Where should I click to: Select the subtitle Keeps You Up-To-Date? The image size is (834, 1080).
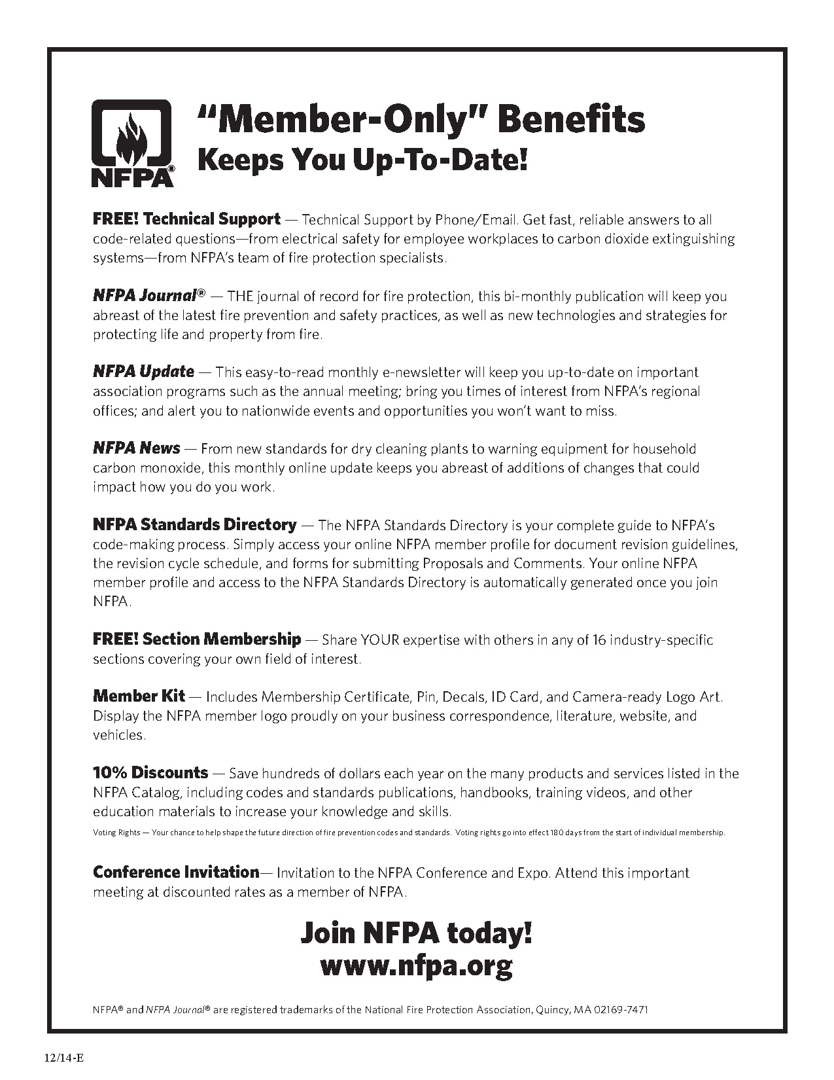point(362,160)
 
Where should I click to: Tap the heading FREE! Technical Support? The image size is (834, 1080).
point(186,219)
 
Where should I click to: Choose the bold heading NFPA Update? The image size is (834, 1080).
point(143,372)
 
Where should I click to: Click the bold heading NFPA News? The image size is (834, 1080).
point(136,448)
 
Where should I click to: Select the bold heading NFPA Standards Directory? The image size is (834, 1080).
point(194,524)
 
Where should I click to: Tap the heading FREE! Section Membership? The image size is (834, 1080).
point(197,639)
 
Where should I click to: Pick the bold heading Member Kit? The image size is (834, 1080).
point(139,696)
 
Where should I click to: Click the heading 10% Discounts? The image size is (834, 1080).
point(150,772)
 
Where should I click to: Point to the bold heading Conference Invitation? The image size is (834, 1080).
point(176,872)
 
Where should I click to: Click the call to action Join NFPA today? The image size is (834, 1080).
point(416,932)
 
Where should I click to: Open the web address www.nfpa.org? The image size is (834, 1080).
point(416,965)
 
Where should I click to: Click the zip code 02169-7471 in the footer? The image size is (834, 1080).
point(621,1009)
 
